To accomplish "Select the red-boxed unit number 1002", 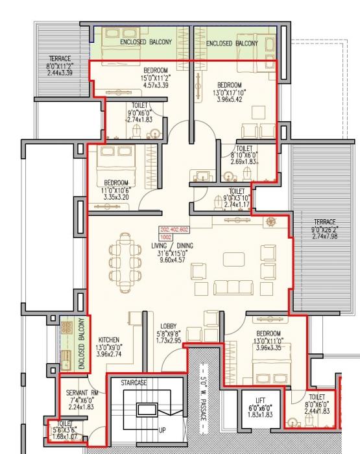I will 165,238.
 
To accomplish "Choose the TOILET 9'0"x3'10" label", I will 237,198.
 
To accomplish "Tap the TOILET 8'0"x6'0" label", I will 317,404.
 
